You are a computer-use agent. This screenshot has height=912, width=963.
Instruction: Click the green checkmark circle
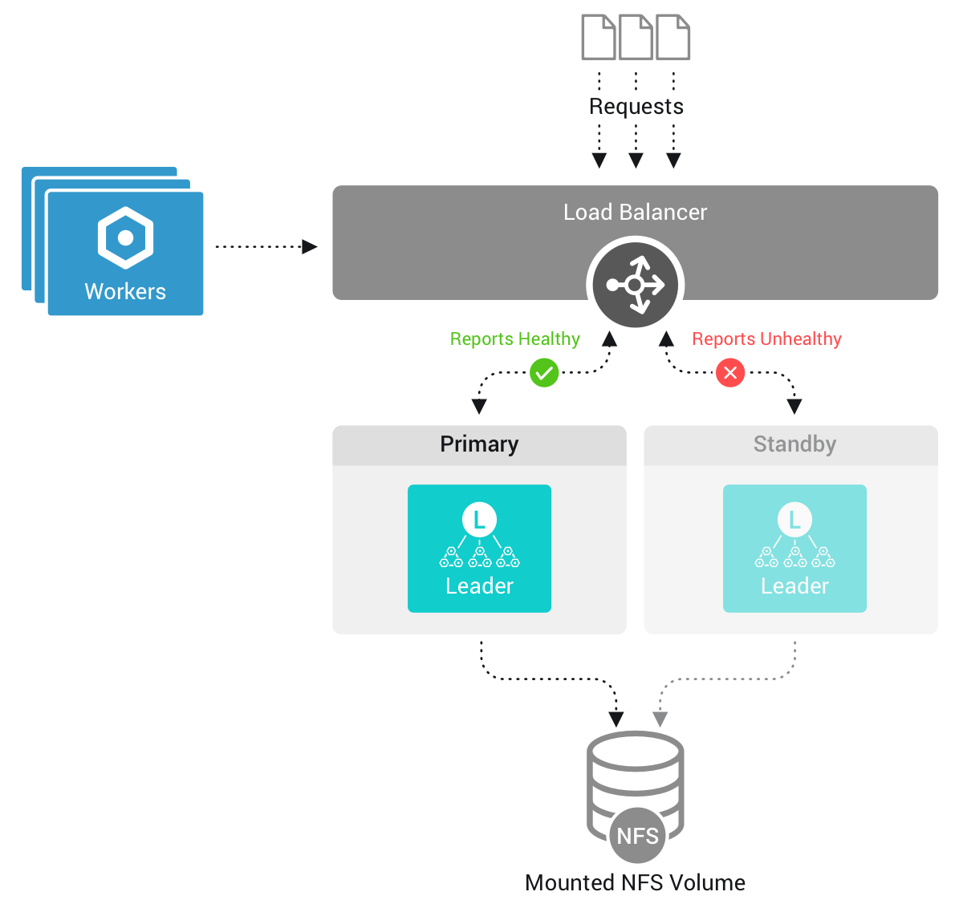[x=544, y=373]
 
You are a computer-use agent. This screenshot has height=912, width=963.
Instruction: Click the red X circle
[x=730, y=373]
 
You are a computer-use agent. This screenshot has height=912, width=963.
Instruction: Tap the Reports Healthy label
[x=514, y=339]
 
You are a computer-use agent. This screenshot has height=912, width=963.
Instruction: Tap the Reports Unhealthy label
[x=766, y=339]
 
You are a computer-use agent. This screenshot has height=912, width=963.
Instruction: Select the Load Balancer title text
[x=635, y=213]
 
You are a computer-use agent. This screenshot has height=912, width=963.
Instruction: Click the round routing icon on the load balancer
[x=635, y=285]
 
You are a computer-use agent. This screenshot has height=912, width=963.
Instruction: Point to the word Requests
[x=636, y=107]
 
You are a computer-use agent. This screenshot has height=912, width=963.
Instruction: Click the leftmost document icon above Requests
[x=599, y=38]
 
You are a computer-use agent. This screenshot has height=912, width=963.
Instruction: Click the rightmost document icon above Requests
[x=672, y=38]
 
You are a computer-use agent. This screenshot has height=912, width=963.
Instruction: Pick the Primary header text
[x=479, y=444]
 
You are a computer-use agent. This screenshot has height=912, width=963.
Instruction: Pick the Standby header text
[x=794, y=444]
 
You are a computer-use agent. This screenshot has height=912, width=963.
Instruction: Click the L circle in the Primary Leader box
[x=479, y=520]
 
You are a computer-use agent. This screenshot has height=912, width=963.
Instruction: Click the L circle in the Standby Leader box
[x=794, y=520]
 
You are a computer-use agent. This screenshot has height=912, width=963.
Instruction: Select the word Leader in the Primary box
[x=479, y=586]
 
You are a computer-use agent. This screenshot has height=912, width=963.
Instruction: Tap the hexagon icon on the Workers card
[x=125, y=238]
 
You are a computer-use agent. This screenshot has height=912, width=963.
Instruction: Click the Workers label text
[x=125, y=292]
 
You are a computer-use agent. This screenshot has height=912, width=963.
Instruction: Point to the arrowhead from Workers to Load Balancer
[x=309, y=247]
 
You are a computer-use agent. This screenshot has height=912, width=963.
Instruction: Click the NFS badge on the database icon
[x=637, y=836]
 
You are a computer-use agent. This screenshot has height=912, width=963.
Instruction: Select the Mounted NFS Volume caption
[x=635, y=883]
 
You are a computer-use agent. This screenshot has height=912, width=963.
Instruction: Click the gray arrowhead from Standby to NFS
[x=660, y=719]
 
